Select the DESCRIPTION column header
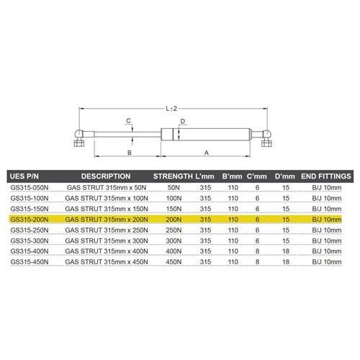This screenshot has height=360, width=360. click(x=106, y=176)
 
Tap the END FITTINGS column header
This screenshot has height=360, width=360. click(x=325, y=176)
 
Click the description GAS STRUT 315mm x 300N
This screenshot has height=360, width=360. click(x=106, y=240)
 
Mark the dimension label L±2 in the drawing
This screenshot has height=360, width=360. click(x=172, y=108)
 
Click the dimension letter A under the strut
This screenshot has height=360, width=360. click(x=207, y=153)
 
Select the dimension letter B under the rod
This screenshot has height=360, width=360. click(x=128, y=153)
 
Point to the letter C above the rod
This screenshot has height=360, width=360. click(x=127, y=120)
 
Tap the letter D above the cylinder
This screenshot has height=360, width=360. click(x=184, y=121)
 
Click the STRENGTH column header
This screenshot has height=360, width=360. click(x=174, y=176)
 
